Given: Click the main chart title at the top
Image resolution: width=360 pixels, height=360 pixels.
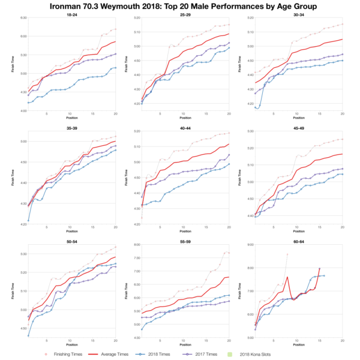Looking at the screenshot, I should [180, 6].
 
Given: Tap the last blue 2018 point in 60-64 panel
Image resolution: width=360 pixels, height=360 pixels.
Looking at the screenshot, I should [324, 275].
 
